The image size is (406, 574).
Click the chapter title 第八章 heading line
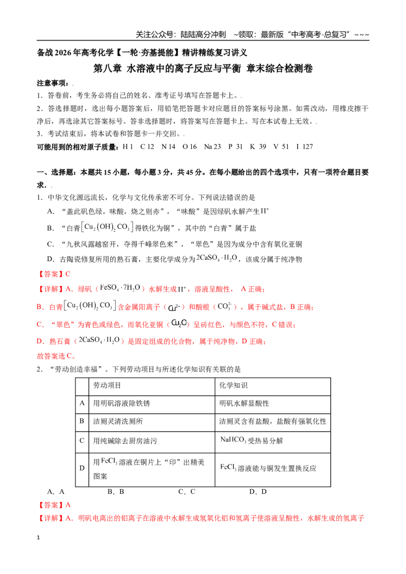tap(203, 68)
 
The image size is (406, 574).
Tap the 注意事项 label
tap(53, 83)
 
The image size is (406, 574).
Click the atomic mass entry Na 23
tap(213, 147)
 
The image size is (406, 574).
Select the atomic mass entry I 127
tap(304, 147)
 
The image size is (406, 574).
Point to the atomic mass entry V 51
tap(281, 147)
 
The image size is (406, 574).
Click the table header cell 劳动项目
tap(107, 385)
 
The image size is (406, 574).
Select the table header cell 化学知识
tap(233, 385)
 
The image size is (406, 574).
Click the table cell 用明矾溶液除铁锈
tap(121, 403)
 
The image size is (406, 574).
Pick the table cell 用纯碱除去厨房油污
tap(125, 441)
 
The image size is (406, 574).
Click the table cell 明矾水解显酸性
tap(244, 403)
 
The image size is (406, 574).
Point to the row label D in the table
tap(82, 468)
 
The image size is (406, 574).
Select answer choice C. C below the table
tap(187, 492)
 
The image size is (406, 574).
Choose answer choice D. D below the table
tap(258, 492)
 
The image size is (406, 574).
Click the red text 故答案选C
tap(56, 356)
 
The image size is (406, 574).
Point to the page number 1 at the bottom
tap(38, 537)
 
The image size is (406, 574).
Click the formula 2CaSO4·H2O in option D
tap(217, 258)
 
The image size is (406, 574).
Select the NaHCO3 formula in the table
tap(233, 440)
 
